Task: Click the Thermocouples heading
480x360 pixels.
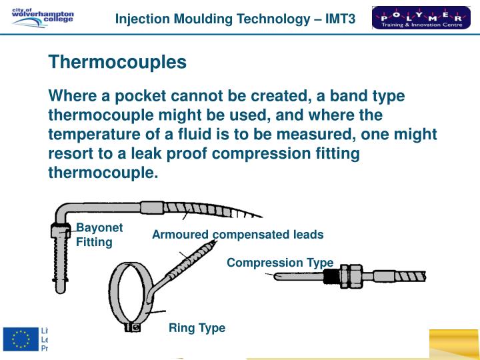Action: (x=117, y=63)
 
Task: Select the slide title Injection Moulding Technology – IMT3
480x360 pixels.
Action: (x=235, y=19)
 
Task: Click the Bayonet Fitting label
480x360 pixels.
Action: (x=99, y=235)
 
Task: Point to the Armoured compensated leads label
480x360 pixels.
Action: (x=237, y=235)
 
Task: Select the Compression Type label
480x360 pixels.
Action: (x=279, y=263)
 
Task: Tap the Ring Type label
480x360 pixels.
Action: (x=197, y=328)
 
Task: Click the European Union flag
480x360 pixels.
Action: (x=21, y=340)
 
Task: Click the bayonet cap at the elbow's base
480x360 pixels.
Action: (x=59, y=231)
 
